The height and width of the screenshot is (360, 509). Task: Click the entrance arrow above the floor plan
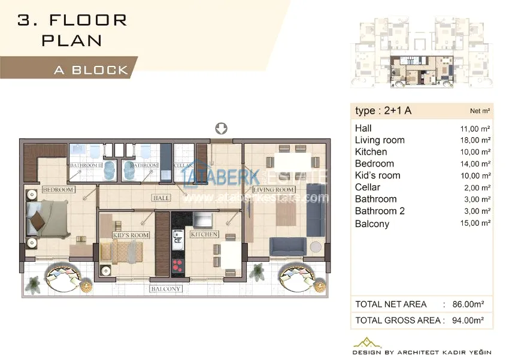point(222,128)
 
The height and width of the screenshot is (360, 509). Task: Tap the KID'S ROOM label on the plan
point(131,235)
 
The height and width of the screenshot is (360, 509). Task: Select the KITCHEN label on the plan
point(204,234)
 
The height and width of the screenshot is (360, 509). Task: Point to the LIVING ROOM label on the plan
point(274,189)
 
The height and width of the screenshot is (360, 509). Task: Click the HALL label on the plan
point(161,198)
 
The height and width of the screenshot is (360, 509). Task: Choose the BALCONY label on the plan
point(165,289)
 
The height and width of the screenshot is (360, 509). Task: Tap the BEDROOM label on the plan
point(59,189)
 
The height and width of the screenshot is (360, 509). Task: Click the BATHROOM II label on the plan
point(86,165)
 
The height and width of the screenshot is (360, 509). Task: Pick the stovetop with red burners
point(178,265)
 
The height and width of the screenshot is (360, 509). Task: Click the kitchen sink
point(178,237)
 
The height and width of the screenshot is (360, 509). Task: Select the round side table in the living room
point(316,247)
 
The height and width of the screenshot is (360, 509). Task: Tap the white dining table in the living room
point(293,162)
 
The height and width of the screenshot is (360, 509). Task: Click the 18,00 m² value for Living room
point(475,140)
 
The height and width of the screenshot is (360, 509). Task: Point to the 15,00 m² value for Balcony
point(475,223)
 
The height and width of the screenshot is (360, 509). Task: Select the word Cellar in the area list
point(368,187)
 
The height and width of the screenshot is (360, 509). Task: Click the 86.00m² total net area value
point(468,304)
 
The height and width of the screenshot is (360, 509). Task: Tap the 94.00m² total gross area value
point(468,320)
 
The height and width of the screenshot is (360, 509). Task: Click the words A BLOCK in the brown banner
point(91,70)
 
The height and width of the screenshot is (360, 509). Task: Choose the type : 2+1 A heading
point(383,111)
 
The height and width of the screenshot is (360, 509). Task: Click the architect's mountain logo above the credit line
point(367,343)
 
